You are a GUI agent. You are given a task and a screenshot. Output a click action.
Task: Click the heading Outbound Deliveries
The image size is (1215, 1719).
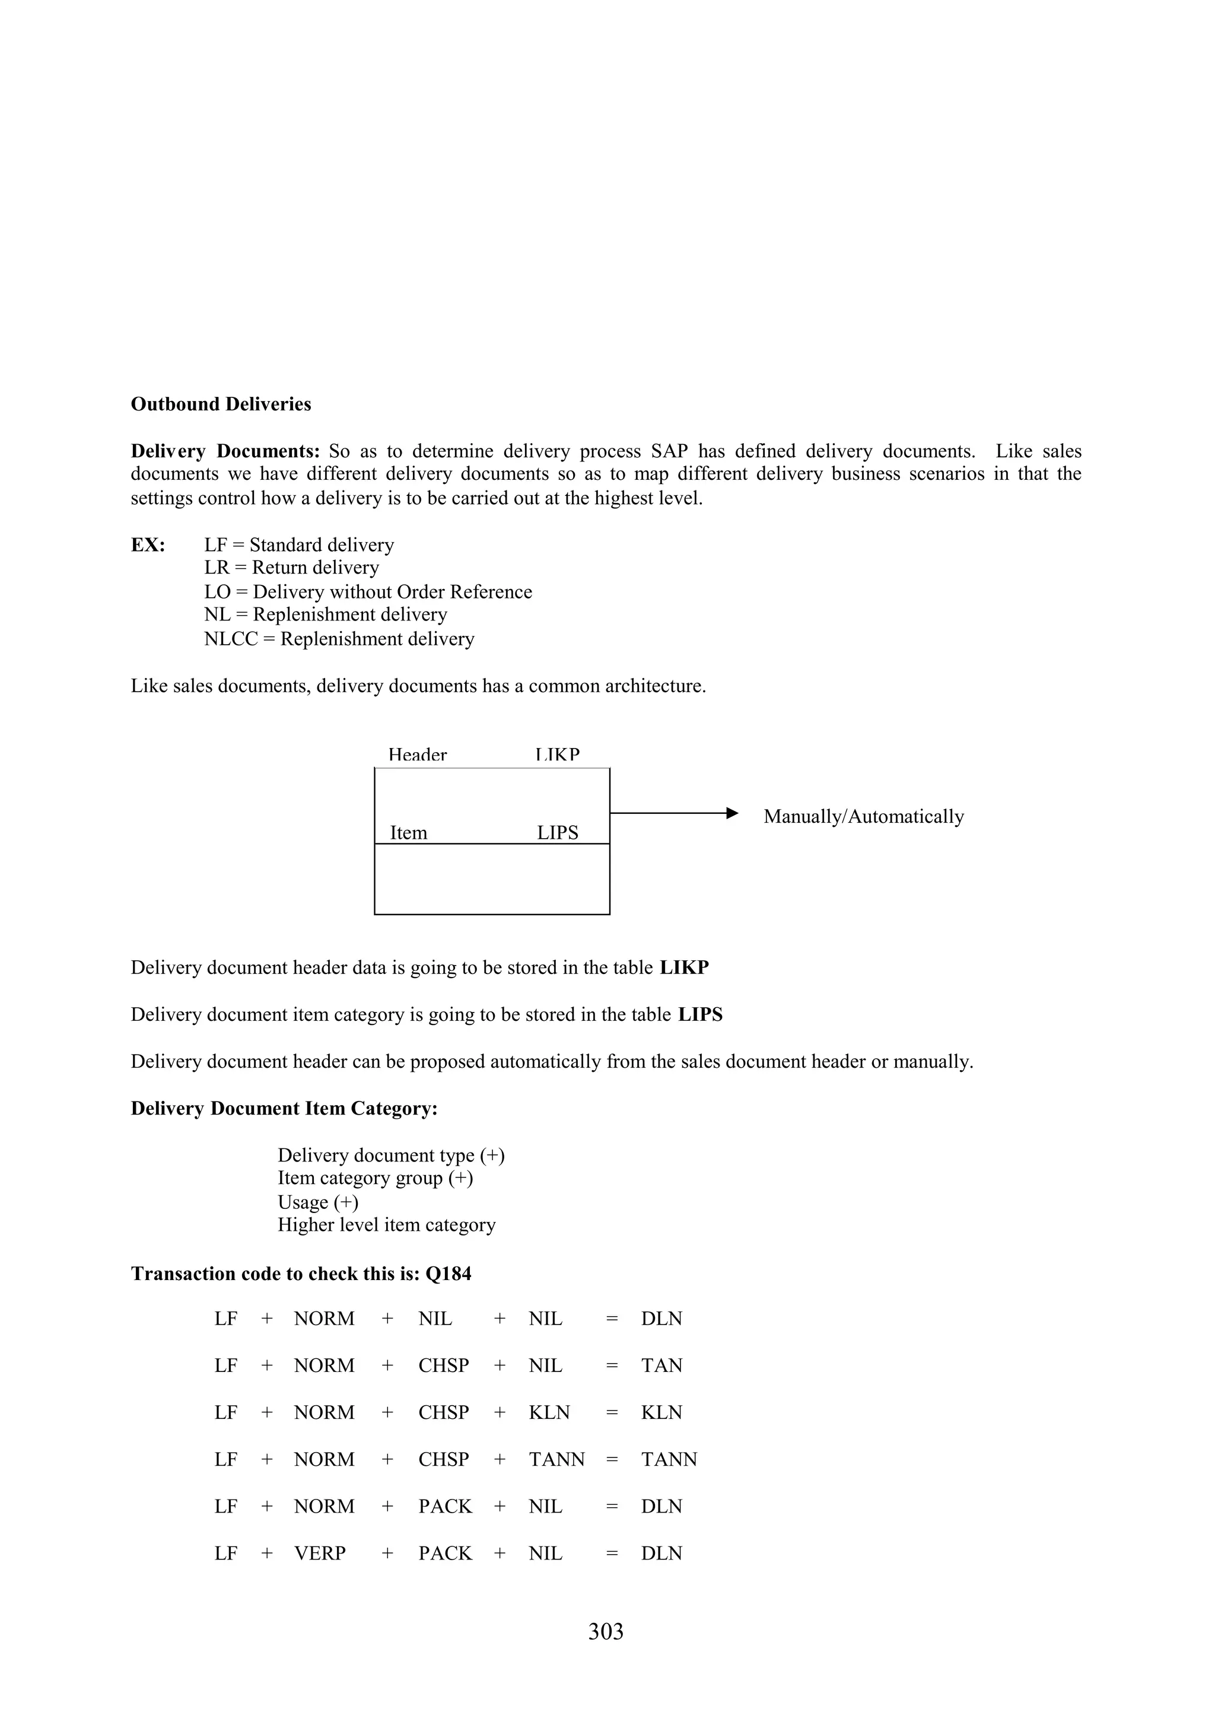tap(221, 405)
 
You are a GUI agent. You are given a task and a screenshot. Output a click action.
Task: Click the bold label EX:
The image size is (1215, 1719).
tap(148, 545)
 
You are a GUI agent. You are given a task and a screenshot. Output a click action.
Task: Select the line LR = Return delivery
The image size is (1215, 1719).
tap(291, 568)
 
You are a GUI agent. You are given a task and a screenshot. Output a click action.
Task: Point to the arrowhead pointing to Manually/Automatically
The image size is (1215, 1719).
tap(732, 813)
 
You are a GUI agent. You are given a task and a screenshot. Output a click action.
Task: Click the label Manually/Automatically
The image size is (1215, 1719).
tap(863, 817)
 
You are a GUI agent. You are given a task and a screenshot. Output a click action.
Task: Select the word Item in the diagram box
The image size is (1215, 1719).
tap(408, 833)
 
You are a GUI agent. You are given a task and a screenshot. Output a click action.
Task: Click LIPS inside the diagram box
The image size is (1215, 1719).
tap(557, 833)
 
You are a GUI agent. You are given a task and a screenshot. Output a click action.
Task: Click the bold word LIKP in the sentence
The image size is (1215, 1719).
tap(683, 968)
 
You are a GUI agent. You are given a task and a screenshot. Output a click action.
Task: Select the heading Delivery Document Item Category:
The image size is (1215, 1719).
tap(284, 1109)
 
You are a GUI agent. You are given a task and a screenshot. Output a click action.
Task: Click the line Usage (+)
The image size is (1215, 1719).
tap(317, 1202)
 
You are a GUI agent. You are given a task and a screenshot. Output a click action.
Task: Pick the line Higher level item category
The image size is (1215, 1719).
tap(386, 1225)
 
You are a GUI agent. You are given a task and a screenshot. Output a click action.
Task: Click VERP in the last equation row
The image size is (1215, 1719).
tap(320, 1554)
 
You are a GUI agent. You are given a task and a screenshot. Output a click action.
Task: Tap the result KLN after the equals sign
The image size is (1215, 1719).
tap(661, 1413)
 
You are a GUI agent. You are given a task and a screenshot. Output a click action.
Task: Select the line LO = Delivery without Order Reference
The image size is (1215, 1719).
tap(368, 592)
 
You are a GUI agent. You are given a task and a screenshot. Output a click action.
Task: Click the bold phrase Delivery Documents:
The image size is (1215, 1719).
tap(225, 451)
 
